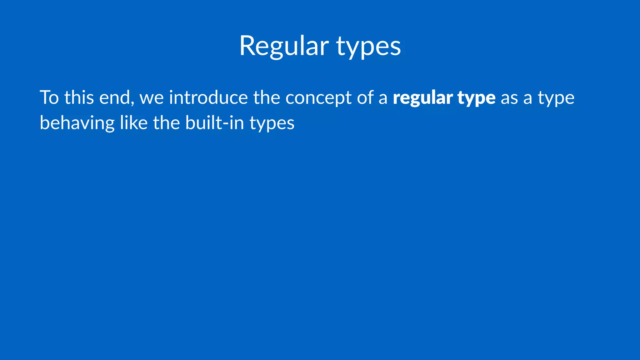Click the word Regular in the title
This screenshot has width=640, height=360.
284,46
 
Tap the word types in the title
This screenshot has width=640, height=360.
368,47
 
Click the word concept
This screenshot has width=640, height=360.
318,98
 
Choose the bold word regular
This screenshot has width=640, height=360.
422,98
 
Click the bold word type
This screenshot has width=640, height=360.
477,98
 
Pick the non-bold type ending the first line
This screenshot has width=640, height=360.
556,98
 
